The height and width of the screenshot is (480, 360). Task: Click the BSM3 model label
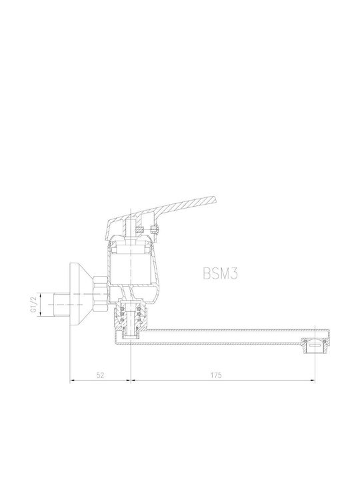point(220,273)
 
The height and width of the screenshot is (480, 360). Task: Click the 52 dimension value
point(100,375)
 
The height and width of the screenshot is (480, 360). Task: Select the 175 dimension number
point(216,375)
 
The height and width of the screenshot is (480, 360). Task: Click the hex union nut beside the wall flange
point(100,295)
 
